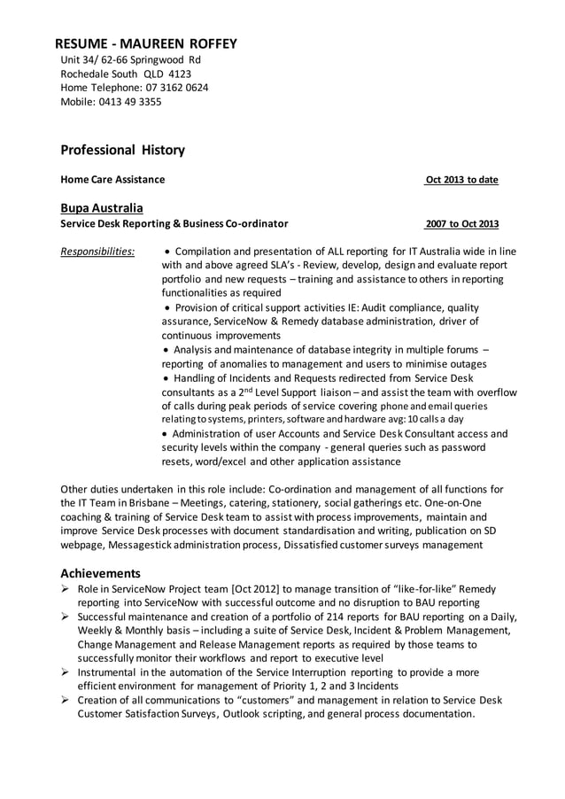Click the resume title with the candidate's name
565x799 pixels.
click(x=146, y=43)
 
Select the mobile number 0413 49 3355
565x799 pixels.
click(x=132, y=102)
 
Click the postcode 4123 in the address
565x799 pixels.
click(x=179, y=74)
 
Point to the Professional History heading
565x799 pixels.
click(x=122, y=150)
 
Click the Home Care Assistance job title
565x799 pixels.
click(x=112, y=180)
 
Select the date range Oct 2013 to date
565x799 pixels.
click(x=461, y=180)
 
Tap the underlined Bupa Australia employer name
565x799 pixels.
click(x=101, y=208)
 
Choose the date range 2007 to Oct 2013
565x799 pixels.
click(x=461, y=224)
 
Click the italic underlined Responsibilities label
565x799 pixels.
click(x=97, y=252)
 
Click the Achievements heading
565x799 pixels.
click(x=100, y=573)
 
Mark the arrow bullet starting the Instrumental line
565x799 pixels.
click(x=66, y=672)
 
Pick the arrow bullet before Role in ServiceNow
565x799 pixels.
click(x=66, y=589)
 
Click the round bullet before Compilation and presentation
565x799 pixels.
click(x=168, y=252)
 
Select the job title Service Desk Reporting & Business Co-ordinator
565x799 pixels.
click(x=174, y=224)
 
